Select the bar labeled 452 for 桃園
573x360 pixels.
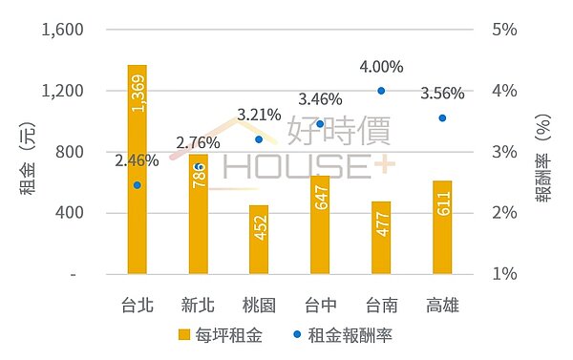[x=259, y=240]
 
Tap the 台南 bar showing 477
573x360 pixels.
[x=381, y=238]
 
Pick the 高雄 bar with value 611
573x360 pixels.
[x=442, y=227]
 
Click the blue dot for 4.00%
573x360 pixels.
[x=381, y=91]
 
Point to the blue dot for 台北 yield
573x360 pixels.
[x=137, y=185]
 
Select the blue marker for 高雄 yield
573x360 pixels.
[x=442, y=117]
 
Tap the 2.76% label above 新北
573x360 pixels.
[x=198, y=142]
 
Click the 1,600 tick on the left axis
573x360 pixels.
[x=64, y=30]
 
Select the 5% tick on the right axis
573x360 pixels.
[x=505, y=30]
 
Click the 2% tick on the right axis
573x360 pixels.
[x=505, y=213]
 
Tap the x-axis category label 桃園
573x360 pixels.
[x=259, y=306]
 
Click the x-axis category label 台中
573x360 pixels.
[x=320, y=306]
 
